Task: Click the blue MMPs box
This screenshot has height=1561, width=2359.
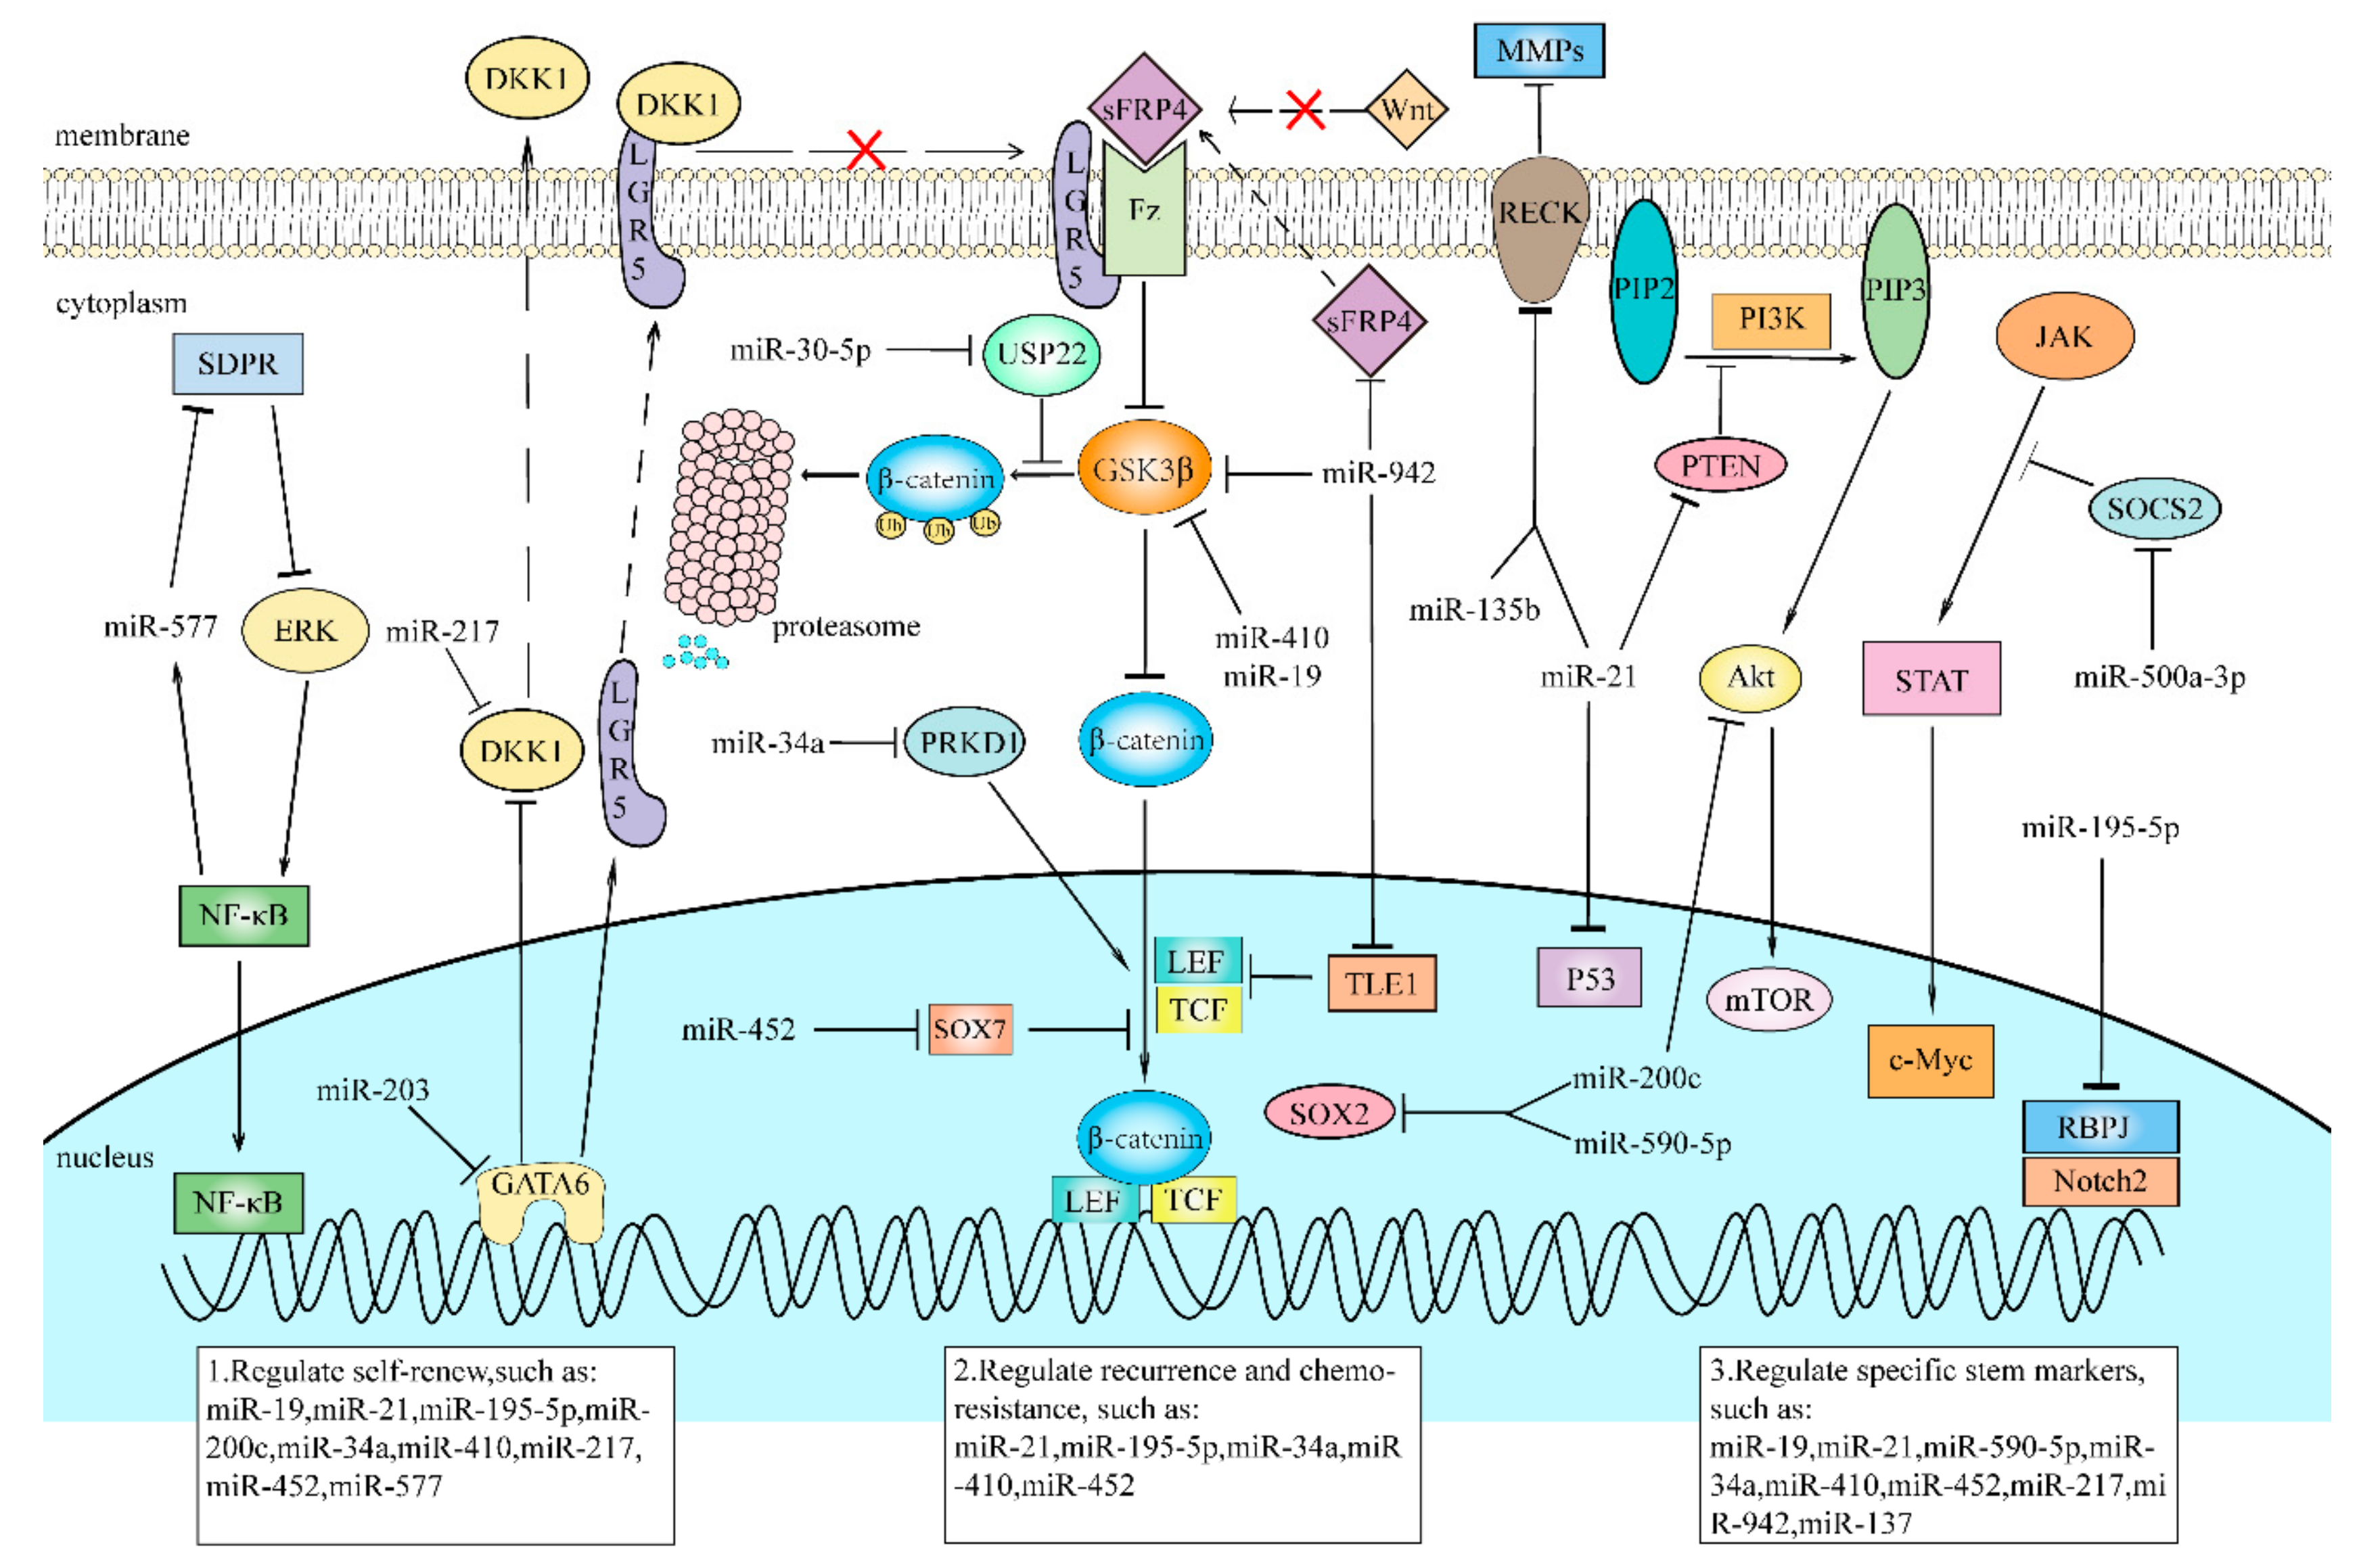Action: pyautogui.click(x=1538, y=50)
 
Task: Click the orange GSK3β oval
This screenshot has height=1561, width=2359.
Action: pyautogui.click(x=1143, y=469)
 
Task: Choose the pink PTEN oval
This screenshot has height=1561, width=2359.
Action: pyautogui.click(x=1720, y=465)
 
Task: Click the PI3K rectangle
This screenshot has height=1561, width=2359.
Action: pyautogui.click(x=1770, y=319)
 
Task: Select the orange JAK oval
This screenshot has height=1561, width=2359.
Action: pyautogui.click(x=2063, y=337)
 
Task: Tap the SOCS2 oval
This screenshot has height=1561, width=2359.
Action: pyautogui.click(x=2154, y=509)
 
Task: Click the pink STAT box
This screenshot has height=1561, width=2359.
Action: pyautogui.click(x=1931, y=680)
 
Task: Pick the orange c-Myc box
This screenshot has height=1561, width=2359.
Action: pyautogui.click(x=1930, y=1061)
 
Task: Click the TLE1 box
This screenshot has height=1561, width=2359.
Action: pyautogui.click(x=1381, y=983)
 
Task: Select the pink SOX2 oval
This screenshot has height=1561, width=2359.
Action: pyautogui.click(x=1329, y=1113)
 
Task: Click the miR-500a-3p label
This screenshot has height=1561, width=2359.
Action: pyautogui.click(x=2158, y=678)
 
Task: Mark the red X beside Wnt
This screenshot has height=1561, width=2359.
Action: pyautogui.click(x=1304, y=110)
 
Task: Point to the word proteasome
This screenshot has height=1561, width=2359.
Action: pyautogui.click(x=846, y=626)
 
